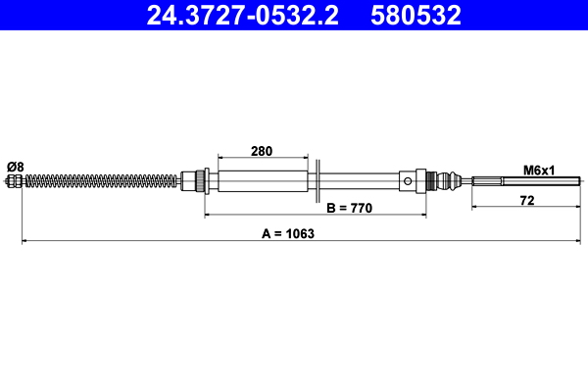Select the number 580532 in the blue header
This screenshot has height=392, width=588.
point(416,15)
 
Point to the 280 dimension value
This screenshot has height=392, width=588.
point(262,151)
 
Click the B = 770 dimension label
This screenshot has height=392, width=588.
point(351,208)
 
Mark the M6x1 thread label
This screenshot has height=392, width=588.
point(539,170)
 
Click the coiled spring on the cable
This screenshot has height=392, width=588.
point(98,180)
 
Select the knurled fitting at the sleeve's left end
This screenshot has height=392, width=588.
point(201,180)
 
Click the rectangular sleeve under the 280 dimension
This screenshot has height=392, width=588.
point(262,180)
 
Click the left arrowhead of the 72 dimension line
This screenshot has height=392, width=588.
point(475,207)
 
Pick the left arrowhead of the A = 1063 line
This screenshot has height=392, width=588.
point(25,240)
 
